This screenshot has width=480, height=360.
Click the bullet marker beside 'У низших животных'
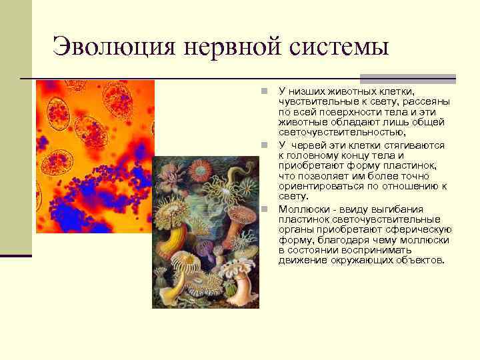point(264,90)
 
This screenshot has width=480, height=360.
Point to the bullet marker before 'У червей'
point(264,145)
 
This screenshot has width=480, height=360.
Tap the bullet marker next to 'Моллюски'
point(264,209)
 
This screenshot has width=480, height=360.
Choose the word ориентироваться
point(317,187)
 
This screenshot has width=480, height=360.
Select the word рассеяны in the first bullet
point(427,101)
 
